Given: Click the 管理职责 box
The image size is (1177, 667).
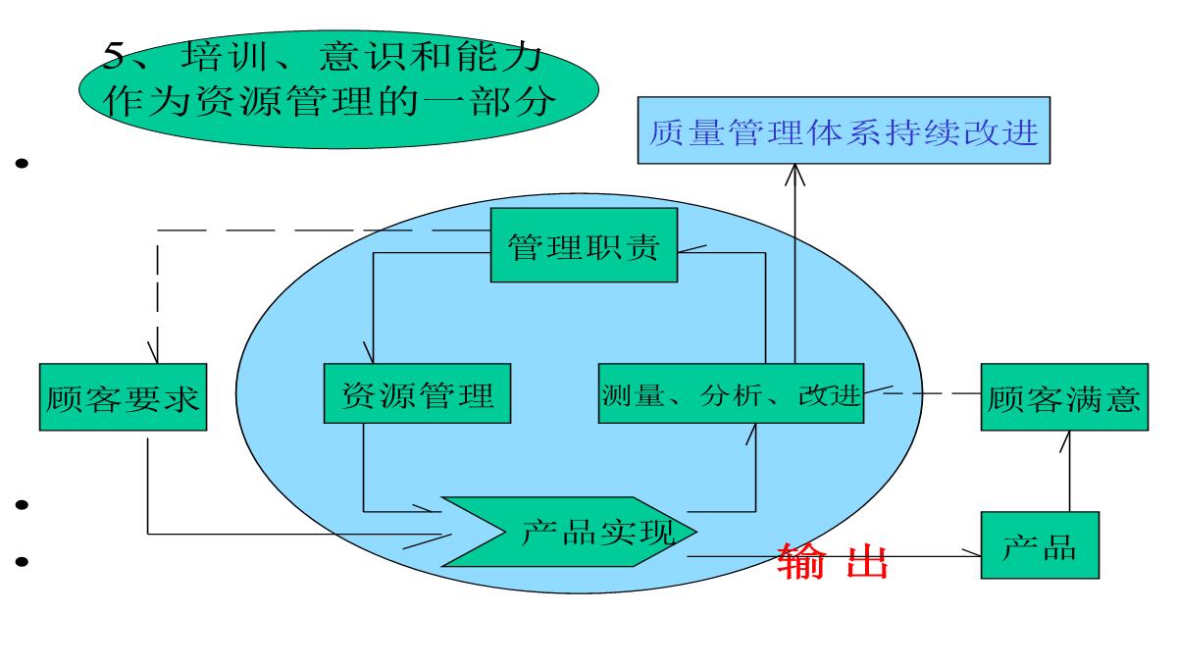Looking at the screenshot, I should pyautogui.click(x=584, y=245).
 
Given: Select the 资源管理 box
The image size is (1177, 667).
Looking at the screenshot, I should pyautogui.click(x=418, y=395).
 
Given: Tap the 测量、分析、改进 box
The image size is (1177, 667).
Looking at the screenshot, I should pyautogui.click(x=731, y=395).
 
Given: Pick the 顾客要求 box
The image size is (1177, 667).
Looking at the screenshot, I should pyautogui.click(x=124, y=397).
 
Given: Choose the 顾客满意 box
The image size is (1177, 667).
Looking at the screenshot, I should pyautogui.click(x=1064, y=397).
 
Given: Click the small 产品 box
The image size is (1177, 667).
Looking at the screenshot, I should pyautogui.click(x=1040, y=546).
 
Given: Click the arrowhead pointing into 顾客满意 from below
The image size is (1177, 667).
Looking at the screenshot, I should pyautogui.click(x=1068, y=440).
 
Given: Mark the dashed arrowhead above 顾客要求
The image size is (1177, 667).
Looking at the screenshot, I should pyautogui.click(x=155, y=353).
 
